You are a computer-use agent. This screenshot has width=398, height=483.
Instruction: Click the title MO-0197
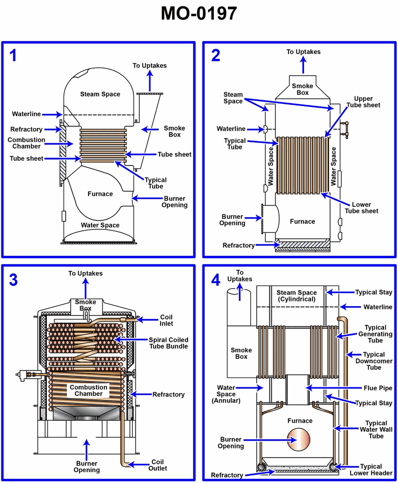[x=199, y=14]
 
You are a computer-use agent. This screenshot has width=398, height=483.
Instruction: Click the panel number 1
[x=13, y=55]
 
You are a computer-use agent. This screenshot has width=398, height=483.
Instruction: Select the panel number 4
[x=215, y=280]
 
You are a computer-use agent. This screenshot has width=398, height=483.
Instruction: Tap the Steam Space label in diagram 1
[x=100, y=94]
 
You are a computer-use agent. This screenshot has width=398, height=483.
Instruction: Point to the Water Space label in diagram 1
[x=100, y=225]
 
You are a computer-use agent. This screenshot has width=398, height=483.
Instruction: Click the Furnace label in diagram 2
[x=302, y=221]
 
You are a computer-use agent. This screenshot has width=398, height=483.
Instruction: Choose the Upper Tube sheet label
[x=367, y=102]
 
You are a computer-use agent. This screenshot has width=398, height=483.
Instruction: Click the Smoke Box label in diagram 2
[x=302, y=89]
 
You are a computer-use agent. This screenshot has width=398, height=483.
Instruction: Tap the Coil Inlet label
[x=166, y=321]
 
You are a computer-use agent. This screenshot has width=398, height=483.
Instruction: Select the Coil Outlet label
[x=157, y=465]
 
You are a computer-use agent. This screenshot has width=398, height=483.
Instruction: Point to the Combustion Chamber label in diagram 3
[x=89, y=390]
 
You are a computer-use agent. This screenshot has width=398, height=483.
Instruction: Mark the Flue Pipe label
[x=379, y=388]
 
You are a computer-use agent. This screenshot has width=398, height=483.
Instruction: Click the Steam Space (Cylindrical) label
[x=297, y=296]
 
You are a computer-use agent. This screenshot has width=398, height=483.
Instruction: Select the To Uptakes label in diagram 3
[x=86, y=273]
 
